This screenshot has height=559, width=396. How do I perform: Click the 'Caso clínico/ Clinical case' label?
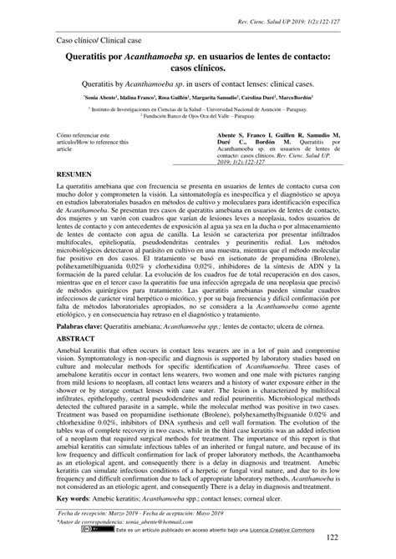coord(99,39)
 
